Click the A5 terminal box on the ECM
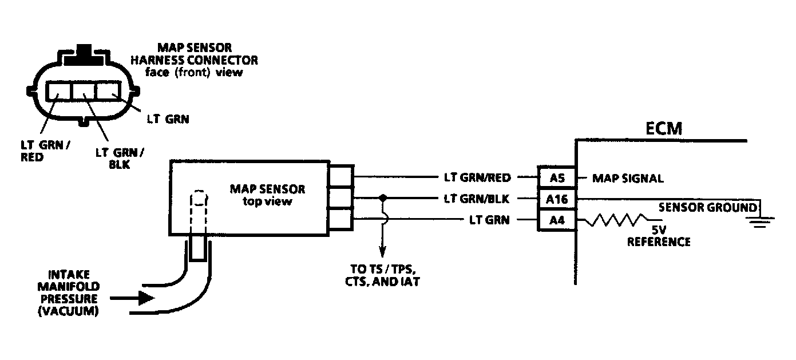coord(557,177)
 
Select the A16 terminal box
coord(557,199)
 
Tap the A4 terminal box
coord(557,220)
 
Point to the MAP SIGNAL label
coord(627,178)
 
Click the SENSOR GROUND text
coord(707,207)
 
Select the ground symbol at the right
coord(760,221)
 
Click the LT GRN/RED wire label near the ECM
coord(477,177)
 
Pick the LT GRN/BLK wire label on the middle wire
coord(477,199)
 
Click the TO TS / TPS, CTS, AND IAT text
coord(381,276)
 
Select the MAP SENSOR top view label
coord(267,195)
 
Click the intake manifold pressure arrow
coord(133,298)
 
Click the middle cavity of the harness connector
coord(83,90)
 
